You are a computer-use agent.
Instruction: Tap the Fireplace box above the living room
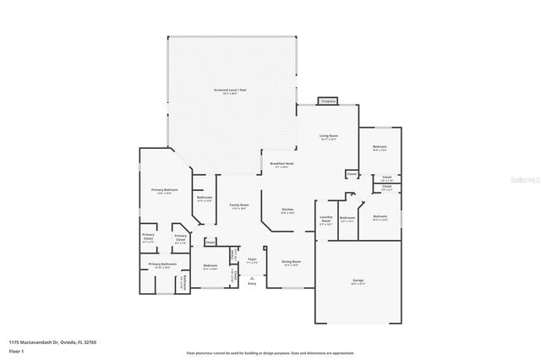(x=328, y=101)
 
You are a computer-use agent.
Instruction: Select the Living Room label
(x=328, y=136)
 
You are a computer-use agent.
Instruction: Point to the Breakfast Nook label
(x=281, y=164)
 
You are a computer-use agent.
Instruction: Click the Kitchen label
(x=287, y=210)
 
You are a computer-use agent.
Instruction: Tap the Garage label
(x=358, y=280)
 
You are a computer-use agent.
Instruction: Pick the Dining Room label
(x=291, y=262)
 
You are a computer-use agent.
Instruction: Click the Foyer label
(x=251, y=259)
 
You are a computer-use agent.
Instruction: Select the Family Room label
(x=238, y=205)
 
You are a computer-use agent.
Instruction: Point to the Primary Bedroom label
(x=163, y=191)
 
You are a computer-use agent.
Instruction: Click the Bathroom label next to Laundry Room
(x=347, y=218)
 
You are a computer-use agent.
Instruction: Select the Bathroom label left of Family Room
(x=204, y=199)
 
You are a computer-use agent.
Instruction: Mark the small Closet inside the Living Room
(x=352, y=174)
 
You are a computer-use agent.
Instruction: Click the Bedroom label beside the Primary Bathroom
(x=210, y=266)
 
